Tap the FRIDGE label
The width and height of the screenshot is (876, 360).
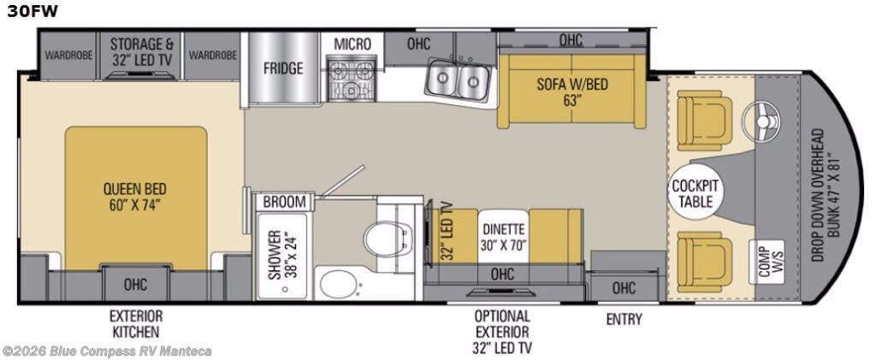pyautogui.click(x=282, y=68)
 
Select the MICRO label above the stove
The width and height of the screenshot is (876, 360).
pyautogui.click(x=352, y=44)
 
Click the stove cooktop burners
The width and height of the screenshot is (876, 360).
pyautogui.click(x=352, y=78)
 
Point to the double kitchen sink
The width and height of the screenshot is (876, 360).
pyautogui.click(x=459, y=81)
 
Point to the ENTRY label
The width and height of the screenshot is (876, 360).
pyautogui.click(x=624, y=319)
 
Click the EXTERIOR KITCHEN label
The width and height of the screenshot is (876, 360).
pyautogui.click(x=134, y=323)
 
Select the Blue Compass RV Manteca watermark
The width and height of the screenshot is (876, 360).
pyautogui.click(x=107, y=351)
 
